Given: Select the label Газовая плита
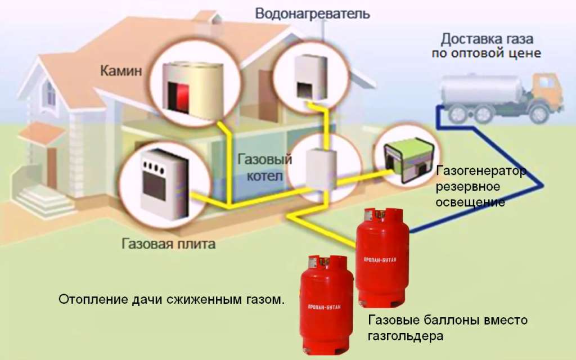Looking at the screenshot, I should (x=168, y=245).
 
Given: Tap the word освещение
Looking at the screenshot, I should (x=470, y=201).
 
